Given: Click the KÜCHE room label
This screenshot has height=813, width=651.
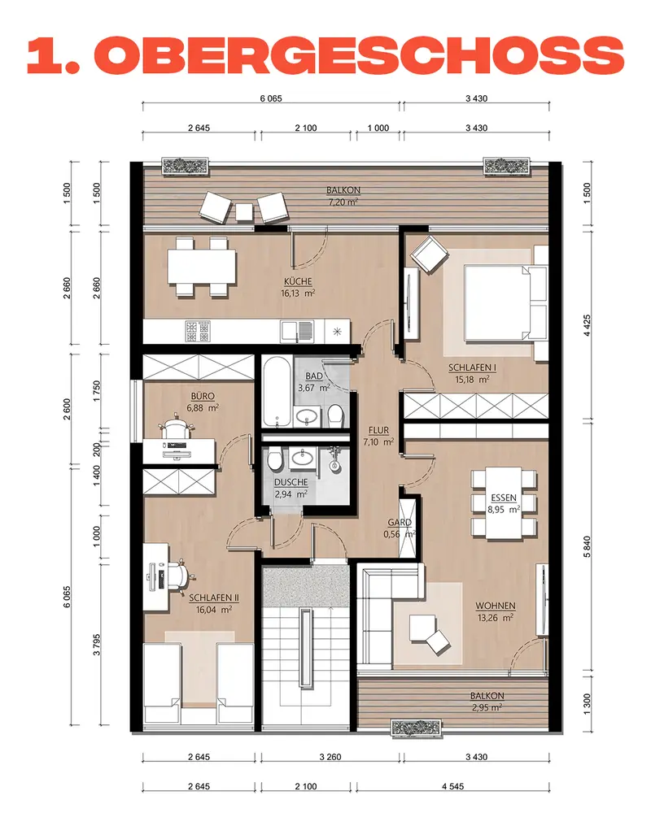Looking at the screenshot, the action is (x=298, y=281).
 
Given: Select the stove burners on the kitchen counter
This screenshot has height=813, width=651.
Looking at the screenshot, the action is (x=198, y=332).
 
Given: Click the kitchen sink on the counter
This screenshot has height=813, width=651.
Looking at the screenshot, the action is (x=298, y=332).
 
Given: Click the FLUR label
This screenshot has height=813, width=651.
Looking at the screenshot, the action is (x=378, y=430).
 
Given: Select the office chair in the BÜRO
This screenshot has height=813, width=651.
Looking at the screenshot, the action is (x=176, y=428).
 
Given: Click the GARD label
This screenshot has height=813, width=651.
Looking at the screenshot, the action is (x=400, y=523).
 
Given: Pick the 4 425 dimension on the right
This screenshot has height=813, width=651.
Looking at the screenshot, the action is (x=588, y=325).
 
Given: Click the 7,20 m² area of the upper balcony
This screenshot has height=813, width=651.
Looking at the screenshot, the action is (x=343, y=202).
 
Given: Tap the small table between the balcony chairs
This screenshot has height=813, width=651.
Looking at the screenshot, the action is (x=244, y=211).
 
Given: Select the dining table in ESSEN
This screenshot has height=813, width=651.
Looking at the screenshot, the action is (x=504, y=503).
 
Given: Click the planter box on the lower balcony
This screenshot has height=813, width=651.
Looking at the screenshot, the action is (x=416, y=728).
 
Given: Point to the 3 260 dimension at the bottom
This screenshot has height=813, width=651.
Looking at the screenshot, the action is (x=330, y=757).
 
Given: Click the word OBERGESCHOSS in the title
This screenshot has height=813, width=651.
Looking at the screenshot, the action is (x=359, y=55).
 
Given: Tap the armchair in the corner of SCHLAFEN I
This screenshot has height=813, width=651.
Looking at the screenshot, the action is (x=430, y=254).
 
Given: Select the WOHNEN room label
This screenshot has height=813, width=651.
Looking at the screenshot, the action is (x=496, y=606).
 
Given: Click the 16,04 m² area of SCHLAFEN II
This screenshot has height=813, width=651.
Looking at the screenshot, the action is (x=213, y=610).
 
